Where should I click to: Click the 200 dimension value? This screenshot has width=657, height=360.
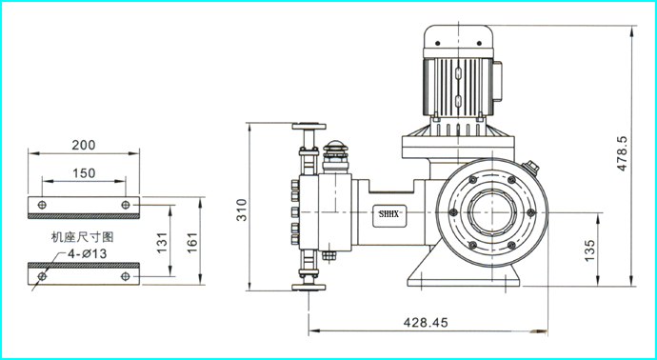click(84, 145)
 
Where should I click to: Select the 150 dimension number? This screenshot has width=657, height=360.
click(84, 173)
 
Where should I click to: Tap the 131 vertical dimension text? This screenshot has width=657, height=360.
click(162, 243)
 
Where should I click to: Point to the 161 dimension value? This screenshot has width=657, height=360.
click(192, 243)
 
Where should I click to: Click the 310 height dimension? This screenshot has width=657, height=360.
click(242, 210)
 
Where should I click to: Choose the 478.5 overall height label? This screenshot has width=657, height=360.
click(622, 153)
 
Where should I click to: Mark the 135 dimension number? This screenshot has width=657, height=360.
click(589, 250)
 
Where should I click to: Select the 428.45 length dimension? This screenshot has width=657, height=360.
click(426, 322)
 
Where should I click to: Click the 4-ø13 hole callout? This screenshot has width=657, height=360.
click(88, 253)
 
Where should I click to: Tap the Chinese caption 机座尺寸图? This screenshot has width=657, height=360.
click(83, 237)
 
